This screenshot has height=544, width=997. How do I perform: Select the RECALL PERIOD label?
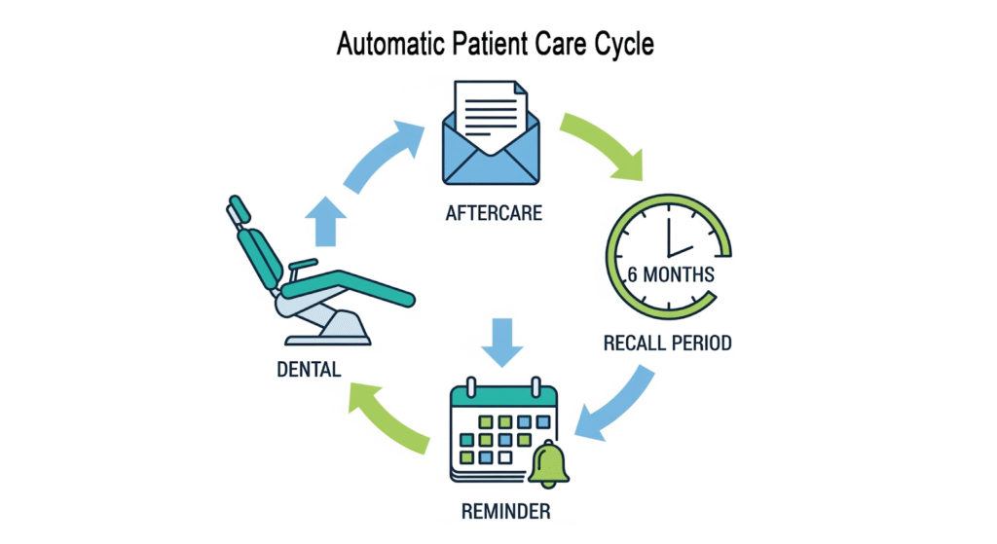[667, 343]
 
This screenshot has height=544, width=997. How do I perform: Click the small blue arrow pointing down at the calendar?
[503, 341]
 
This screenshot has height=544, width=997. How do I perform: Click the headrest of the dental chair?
[240, 208]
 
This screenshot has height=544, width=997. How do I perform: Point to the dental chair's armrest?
[303, 264]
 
